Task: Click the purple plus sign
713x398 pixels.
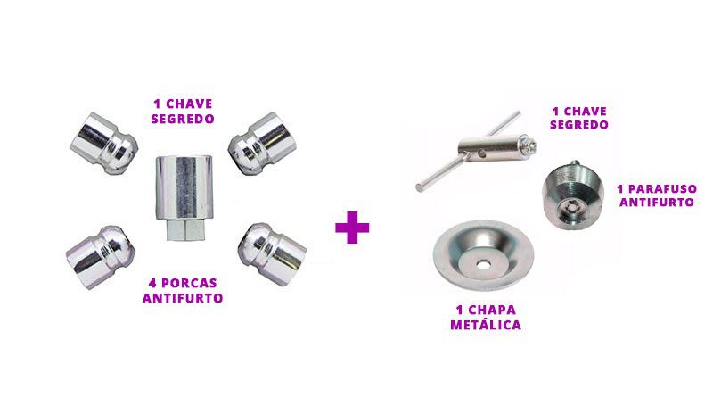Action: coord(352,228)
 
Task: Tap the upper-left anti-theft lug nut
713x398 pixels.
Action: coord(104,143)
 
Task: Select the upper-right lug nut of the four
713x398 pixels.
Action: coord(262,144)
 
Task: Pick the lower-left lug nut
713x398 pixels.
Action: coord(101,257)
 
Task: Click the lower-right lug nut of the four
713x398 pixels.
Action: coord(273,254)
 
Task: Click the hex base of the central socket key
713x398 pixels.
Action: coord(185,229)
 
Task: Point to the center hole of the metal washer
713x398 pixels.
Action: coord(482,263)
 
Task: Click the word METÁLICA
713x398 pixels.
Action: coord(486,325)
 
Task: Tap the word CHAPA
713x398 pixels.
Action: coord(492,311)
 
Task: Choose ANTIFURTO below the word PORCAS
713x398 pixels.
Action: coord(183,298)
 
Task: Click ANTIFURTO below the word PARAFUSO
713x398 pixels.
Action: coord(657,203)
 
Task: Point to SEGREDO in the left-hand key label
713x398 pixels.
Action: coord(183,119)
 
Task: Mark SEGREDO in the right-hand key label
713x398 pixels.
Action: coord(578,125)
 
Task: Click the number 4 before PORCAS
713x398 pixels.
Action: coord(152,283)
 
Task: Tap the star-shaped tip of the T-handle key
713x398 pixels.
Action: coord(530,145)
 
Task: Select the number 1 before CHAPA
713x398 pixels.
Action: coord(459,311)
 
